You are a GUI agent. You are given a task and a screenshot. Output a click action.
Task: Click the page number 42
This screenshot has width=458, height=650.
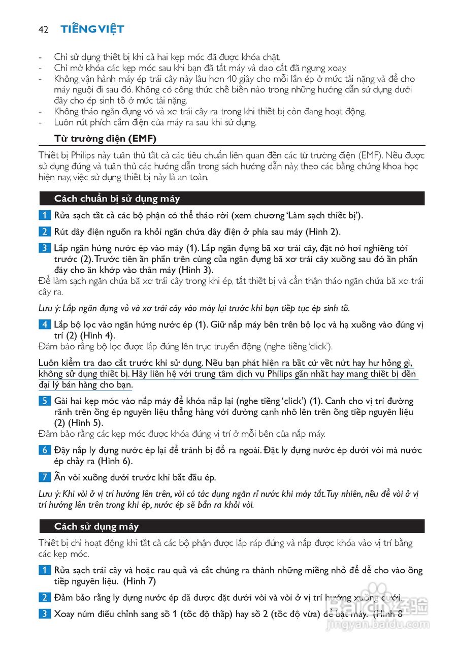point(43,29)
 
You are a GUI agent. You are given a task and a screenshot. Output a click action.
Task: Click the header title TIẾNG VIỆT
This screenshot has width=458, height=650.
point(92,29)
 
